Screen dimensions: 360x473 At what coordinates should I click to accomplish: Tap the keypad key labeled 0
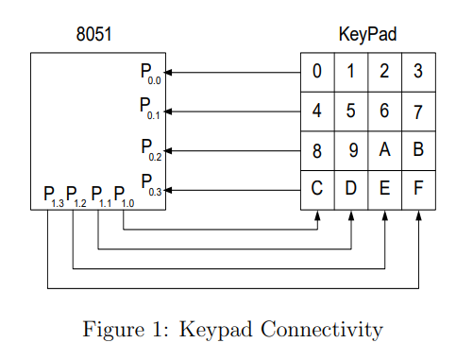(x=317, y=71)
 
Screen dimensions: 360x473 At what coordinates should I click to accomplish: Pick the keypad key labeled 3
(x=418, y=71)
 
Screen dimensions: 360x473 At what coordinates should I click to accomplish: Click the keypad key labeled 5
(x=351, y=111)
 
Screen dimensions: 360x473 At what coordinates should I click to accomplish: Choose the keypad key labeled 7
(x=418, y=111)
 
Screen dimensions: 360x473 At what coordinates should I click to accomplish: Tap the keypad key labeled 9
(x=351, y=150)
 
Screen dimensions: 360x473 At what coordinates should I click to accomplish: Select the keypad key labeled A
(x=384, y=150)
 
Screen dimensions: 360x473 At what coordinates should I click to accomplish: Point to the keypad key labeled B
(x=418, y=150)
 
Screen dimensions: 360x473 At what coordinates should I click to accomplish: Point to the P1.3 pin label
(x=54, y=197)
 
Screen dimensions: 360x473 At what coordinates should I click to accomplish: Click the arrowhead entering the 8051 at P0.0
(x=171, y=72)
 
